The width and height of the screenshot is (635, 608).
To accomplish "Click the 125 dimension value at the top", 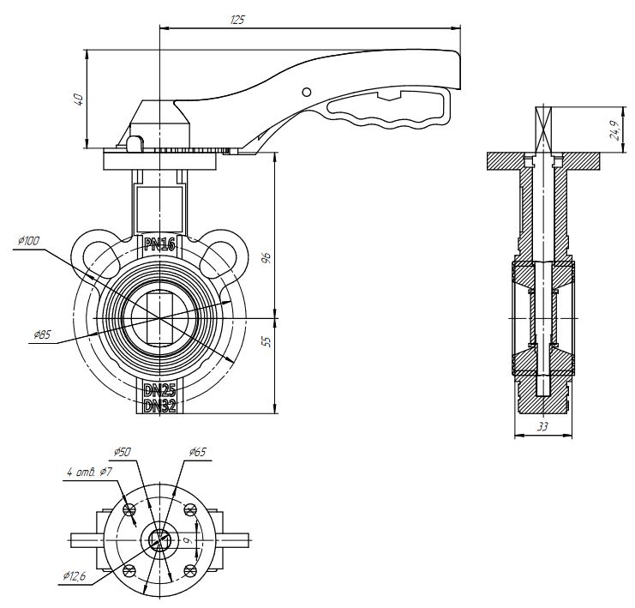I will coord(237,19).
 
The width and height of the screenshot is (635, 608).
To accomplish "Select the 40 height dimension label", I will coord(78,99).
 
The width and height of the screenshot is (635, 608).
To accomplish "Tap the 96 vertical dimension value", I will coord(266,256).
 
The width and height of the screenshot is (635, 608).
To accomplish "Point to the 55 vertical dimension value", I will coord(266,341).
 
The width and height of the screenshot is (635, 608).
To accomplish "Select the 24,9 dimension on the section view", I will coord(614,129).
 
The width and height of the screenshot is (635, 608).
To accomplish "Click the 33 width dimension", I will coord(542,425).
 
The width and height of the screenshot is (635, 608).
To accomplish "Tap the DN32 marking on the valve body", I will coord(160,406).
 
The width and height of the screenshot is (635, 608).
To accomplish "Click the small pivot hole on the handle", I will coord(307,91).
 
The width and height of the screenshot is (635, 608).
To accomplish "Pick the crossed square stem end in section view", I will coord(542,129).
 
